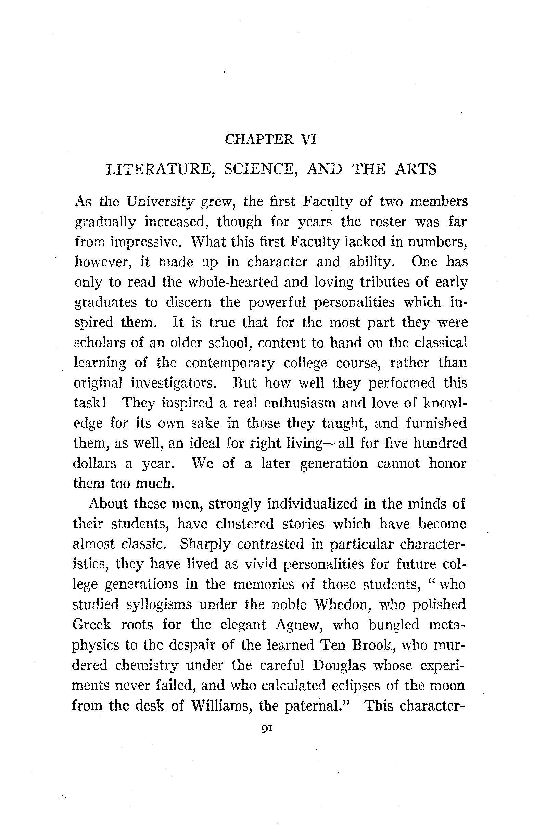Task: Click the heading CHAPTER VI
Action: (270, 139)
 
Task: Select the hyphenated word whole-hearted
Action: (233, 282)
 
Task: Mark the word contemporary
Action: (230, 363)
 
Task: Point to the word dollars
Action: (94, 464)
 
